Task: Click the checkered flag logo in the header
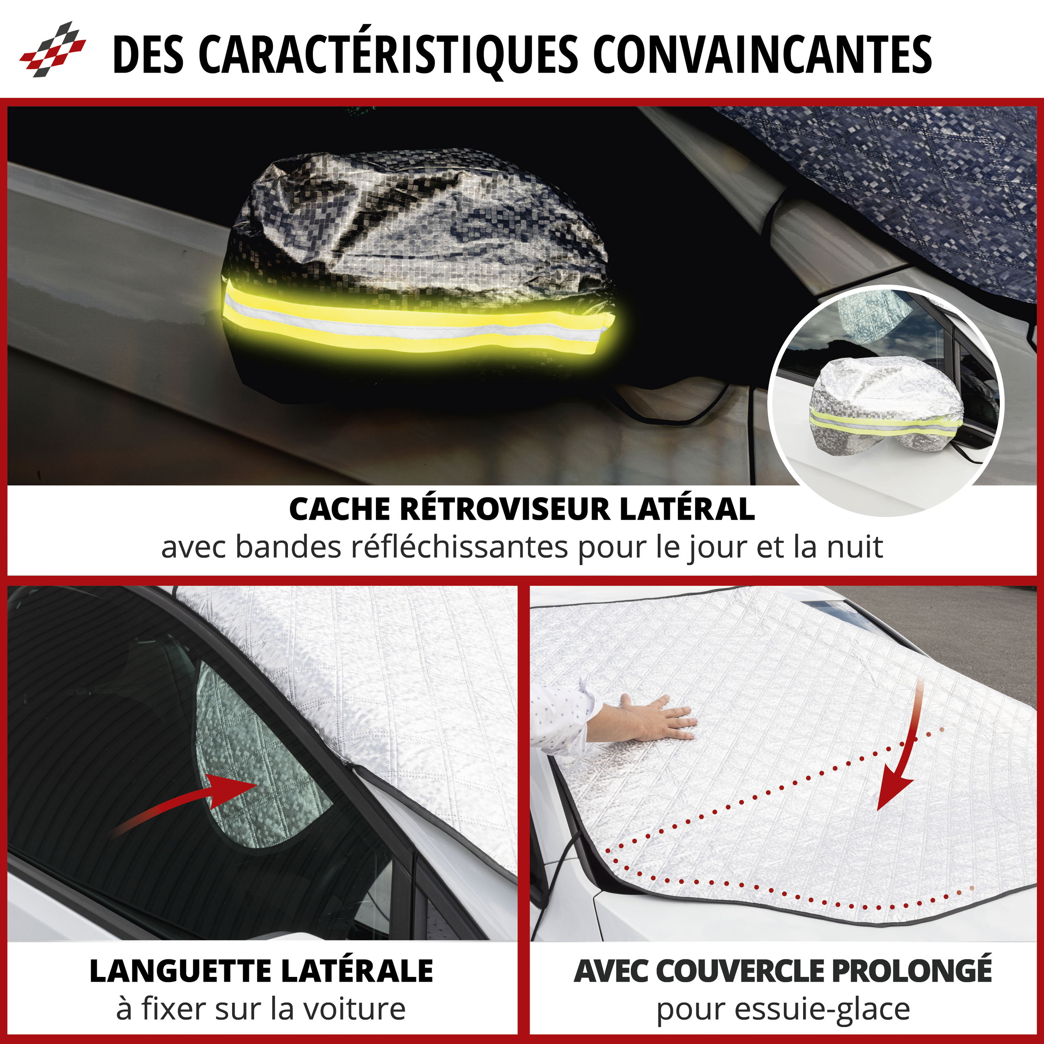tap(53, 49)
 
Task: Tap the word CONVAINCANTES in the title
tap(763, 54)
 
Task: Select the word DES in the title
tap(148, 54)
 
